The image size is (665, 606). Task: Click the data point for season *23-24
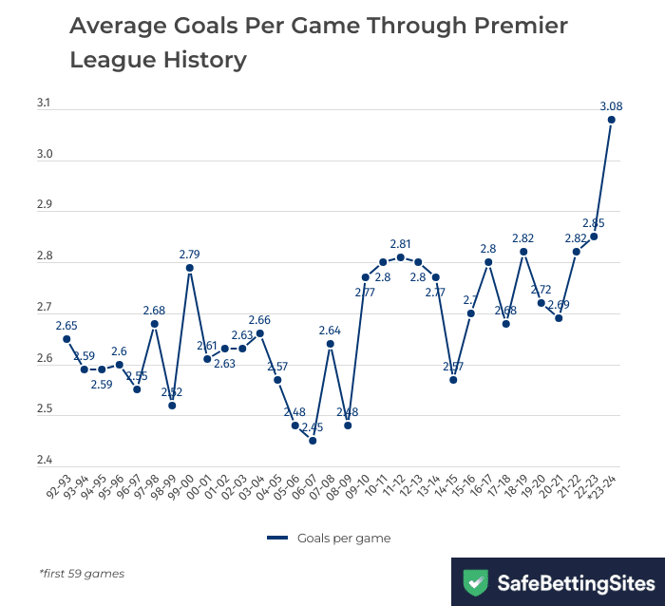[x=611, y=120]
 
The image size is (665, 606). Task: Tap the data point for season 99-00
[x=190, y=268]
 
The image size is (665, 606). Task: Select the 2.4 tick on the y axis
[x=44, y=462]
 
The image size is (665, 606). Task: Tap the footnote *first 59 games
[x=82, y=574]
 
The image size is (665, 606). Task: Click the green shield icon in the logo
[x=475, y=581]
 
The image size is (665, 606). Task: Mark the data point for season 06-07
[x=313, y=441]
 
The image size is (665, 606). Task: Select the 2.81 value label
[x=401, y=243]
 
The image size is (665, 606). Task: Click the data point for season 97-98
[x=155, y=324]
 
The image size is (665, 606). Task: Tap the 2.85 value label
[x=594, y=222]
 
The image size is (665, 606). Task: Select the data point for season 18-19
[x=523, y=252]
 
